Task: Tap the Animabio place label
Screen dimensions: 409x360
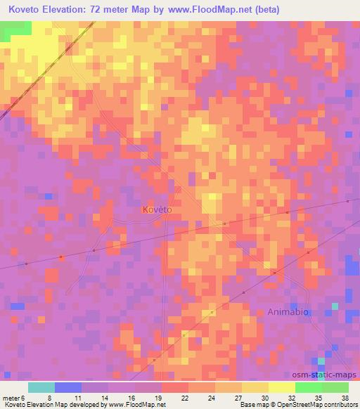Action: [x=288, y=311]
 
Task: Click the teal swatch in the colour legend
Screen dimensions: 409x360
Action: [x=41, y=387]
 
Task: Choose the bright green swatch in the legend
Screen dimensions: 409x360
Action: [x=309, y=387]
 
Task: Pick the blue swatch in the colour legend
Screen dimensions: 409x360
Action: [x=68, y=387]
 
